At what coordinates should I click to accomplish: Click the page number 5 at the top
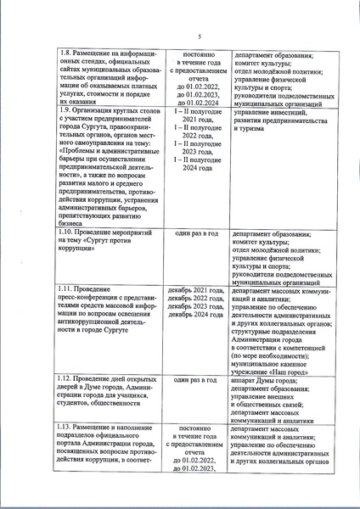pos(196,36)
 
